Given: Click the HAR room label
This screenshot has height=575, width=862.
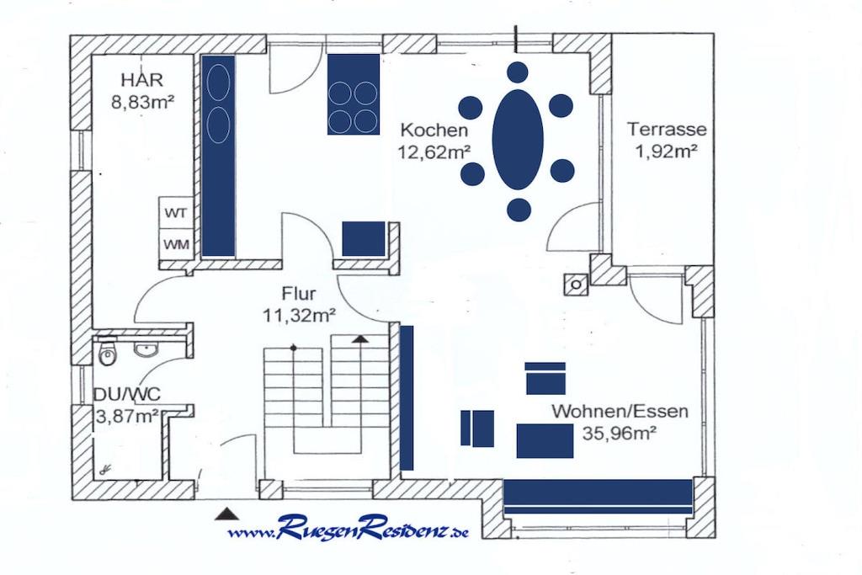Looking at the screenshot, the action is click(x=141, y=80).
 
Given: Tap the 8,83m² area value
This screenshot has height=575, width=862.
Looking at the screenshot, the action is click(x=143, y=102).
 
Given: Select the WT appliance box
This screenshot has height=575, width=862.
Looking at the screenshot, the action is click(x=176, y=213).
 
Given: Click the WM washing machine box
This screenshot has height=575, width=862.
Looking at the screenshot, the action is click(x=176, y=243).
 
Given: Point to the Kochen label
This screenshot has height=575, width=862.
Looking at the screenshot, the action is click(x=434, y=130).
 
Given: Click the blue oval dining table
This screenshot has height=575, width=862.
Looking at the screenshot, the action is click(x=518, y=140).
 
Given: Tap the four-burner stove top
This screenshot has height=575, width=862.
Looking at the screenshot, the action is click(x=354, y=94).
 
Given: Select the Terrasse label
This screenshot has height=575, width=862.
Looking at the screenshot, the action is click(x=667, y=129).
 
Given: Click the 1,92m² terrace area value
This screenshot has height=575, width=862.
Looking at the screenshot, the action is click(x=667, y=152).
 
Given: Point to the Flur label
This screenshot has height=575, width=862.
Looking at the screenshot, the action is click(x=299, y=293).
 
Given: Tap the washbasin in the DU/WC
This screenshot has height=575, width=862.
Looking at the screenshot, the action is click(x=146, y=349).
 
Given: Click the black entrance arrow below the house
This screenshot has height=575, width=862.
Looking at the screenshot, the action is click(x=226, y=514).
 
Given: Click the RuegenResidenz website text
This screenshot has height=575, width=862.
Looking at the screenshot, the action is click(x=348, y=529).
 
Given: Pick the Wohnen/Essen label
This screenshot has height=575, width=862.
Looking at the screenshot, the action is click(x=620, y=411).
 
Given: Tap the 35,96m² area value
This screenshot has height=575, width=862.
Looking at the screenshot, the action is click(x=620, y=434).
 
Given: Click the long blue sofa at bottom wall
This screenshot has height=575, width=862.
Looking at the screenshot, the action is click(x=599, y=497).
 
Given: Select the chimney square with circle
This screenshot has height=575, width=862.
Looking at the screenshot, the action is click(x=576, y=285).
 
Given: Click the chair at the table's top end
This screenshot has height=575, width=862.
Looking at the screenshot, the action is click(x=518, y=72).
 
